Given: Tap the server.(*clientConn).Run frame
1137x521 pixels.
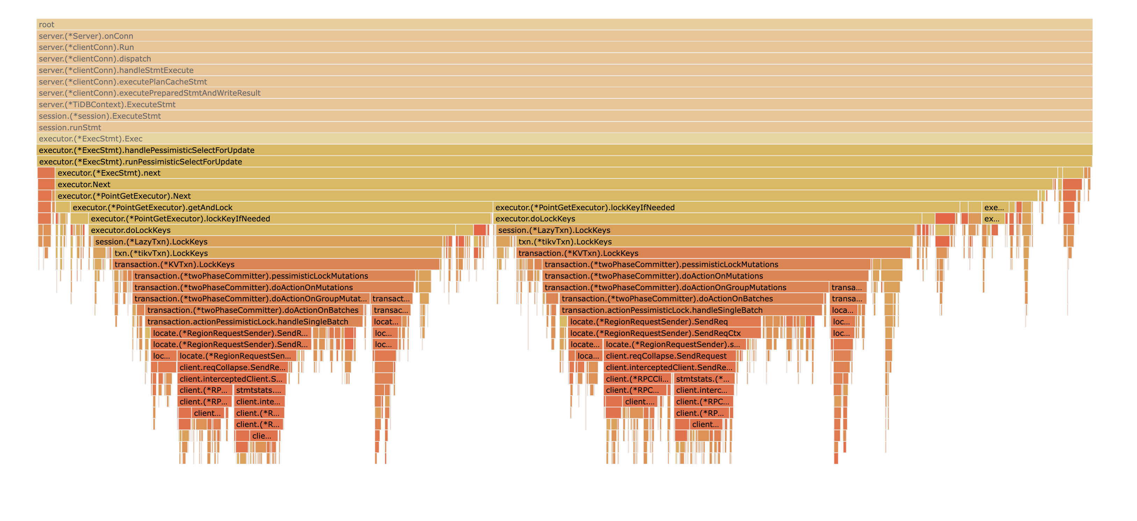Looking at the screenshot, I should pos(564,47).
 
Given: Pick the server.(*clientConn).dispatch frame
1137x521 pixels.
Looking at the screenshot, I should pos(564,59).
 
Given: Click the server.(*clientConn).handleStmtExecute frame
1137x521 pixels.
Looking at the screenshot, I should pos(564,70).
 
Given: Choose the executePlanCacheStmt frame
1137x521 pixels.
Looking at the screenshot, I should pos(564,82).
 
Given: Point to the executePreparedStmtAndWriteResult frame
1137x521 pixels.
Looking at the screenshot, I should pos(564,93).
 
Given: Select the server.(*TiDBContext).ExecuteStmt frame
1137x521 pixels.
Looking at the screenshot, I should pos(564,104).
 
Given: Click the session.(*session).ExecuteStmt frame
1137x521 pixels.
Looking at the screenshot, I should pos(564,116).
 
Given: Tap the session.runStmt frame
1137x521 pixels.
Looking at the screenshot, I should pos(564,127).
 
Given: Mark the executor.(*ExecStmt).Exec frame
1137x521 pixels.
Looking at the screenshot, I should pos(564,139).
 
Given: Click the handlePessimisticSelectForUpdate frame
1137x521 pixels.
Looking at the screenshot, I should pos(564,150).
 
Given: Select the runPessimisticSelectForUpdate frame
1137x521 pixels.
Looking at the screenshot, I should pos(564,161).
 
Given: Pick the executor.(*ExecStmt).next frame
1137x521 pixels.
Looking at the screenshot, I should pos(556,173).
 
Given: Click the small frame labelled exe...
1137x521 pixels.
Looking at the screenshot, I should pos(993,207).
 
